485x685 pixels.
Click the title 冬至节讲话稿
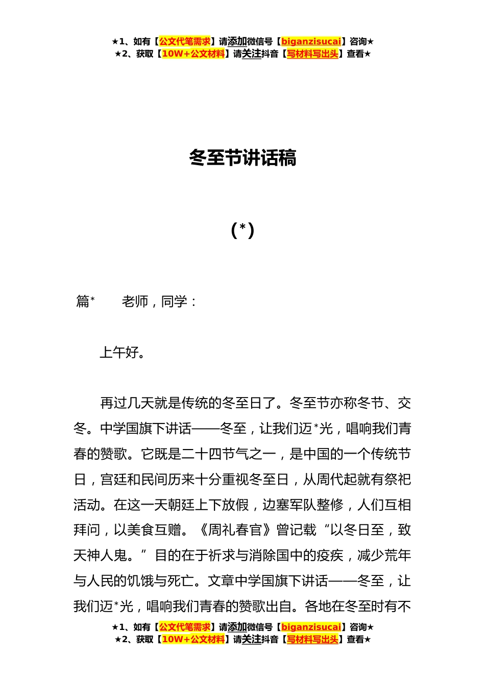click(x=243, y=158)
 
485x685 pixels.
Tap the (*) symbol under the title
click(x=243, y=230)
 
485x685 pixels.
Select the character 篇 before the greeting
click(x=83, y=302)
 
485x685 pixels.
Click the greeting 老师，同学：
click(x=159, y=302)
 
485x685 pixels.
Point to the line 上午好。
click(x=123, y=353)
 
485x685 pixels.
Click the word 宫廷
click(x=113, y=480)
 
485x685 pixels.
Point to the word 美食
click(x=140, y=530)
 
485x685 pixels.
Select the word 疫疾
click(x=330, y=556)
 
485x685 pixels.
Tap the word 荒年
click(x=398, y=556)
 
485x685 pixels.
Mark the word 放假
click(x=235, y=505)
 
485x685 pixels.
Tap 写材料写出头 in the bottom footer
click(x=312, y=639)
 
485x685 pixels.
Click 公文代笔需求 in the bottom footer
click(x=185, y=627)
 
